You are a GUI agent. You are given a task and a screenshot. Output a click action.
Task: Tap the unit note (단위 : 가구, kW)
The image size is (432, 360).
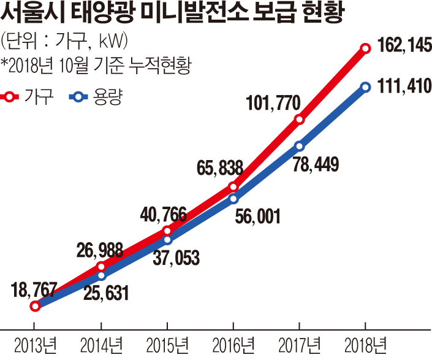64,41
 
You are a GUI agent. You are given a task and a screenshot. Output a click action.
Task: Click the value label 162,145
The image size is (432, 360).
398,46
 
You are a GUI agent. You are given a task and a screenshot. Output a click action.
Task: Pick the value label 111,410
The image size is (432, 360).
398,86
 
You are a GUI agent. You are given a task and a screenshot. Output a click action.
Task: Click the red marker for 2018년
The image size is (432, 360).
365,48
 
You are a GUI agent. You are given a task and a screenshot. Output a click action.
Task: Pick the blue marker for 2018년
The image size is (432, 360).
365,87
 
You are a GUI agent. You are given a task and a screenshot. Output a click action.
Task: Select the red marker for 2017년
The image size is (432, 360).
299,119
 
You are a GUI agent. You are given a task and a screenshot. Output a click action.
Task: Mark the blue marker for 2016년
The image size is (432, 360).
233,198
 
